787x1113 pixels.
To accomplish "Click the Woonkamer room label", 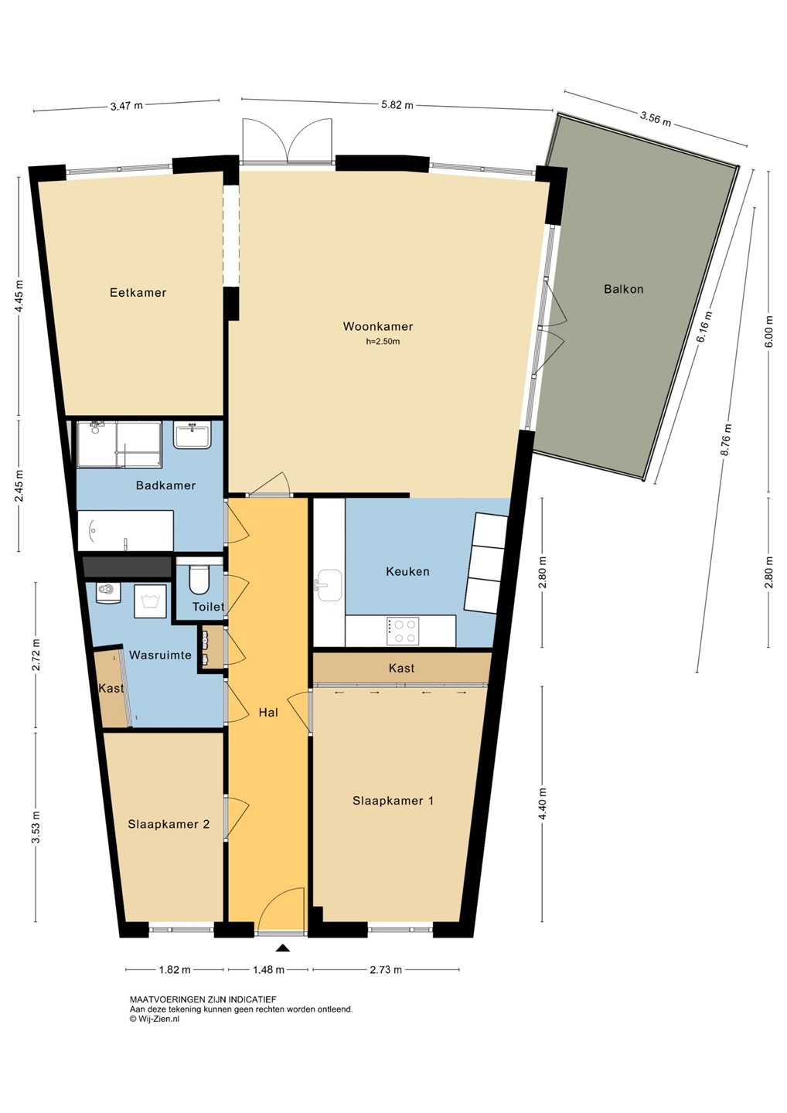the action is [x=377, y=326].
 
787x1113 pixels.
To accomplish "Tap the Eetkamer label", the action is [x=138, y=293].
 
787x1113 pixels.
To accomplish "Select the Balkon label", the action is [x=624, y=289].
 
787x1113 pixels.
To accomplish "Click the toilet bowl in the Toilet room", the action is [x=199, y=580].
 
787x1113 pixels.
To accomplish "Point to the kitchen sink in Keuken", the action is [x=329, y=585].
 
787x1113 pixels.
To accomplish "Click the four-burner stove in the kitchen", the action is [x=403, y=631].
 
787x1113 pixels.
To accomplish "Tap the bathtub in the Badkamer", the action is [x=126, y=531].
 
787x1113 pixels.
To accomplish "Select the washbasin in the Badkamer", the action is [x=192, y=434].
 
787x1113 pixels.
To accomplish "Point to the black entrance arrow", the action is [x=283, y=948].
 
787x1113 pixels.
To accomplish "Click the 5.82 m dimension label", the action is [x=397, y=105].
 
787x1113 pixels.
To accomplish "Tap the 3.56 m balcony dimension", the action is [x=655, y=119].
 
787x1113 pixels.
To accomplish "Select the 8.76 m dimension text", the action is [x=727, y=441].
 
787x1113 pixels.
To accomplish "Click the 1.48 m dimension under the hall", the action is [x=267, y=969].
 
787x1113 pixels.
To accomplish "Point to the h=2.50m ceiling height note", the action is [x=383, y=342].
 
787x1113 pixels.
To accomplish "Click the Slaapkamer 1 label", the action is [x=393, y=801].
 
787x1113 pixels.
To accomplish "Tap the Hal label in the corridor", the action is [x=268, y=713].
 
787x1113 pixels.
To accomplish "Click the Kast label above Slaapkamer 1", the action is [x=401, y=668].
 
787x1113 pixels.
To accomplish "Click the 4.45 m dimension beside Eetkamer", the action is [x=19, y=295].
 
